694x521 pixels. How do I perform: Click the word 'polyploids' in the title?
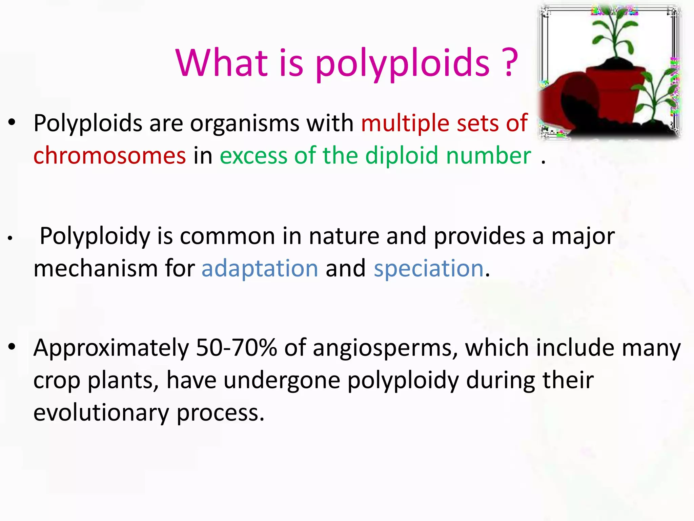(x=403, y=64)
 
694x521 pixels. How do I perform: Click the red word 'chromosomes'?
(x=109, y=155)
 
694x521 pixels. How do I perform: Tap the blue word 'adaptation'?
(x=260, y=268)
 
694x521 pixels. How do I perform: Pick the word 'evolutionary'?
(x=101, y=413)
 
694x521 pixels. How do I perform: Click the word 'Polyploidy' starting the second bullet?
(x=95, y=236)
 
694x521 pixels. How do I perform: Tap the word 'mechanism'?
(x=96, y=268)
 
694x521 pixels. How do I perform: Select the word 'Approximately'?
(x=111, y=348)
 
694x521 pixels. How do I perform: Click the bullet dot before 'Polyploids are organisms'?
(x=12, y=122)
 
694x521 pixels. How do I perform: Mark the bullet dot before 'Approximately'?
(x=12, y=347)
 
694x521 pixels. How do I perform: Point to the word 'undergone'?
(x=282, y=381)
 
